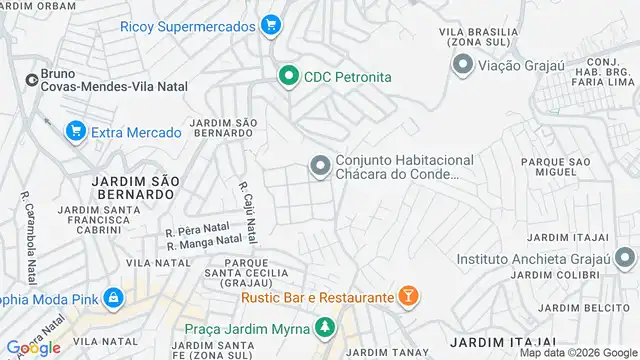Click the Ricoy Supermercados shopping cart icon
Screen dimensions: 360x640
270,26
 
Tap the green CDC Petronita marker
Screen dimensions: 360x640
289,76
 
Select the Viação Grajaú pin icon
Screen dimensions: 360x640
462,66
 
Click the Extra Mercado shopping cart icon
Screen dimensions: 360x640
75,131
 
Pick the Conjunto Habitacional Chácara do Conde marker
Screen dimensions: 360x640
319,165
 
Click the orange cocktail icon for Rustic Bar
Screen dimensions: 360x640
408,296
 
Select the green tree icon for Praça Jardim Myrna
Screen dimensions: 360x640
324,327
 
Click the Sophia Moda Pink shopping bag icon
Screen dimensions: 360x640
115,297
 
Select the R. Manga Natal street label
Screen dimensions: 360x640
204,242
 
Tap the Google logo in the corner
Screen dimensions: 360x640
32,347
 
